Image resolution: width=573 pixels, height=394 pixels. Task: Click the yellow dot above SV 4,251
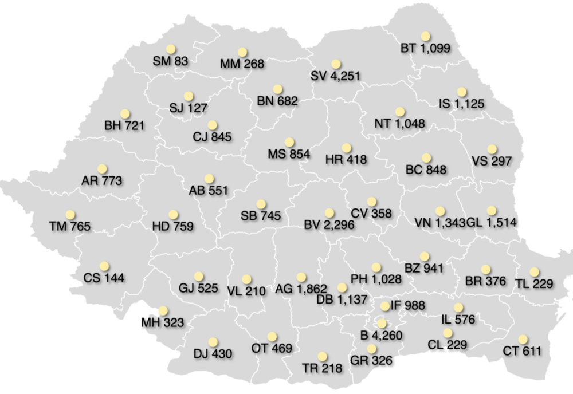coord(336,64)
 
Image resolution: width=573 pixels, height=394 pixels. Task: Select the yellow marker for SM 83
coord(170,48)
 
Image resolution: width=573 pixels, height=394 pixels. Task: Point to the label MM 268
coord(242,64)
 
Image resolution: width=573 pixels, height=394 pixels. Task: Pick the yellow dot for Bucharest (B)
coord(382,323)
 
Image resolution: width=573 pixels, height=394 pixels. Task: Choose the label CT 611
coord(523,351)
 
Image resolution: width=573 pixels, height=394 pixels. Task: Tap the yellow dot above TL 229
coord(535,272)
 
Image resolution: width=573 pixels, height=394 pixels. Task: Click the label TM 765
coord(70,227)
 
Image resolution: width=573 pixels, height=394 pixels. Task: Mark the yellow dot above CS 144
coord(104,266)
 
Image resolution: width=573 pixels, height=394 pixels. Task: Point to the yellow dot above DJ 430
coord(213,342)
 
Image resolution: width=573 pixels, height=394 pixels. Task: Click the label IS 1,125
coord(461,104)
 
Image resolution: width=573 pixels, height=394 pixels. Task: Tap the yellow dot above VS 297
coord(492,149)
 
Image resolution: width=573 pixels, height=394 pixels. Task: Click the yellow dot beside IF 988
coord(384,306)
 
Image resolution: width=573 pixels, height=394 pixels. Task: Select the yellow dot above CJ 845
coord(213,124)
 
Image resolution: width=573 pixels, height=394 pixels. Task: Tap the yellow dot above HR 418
coord(346,148)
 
